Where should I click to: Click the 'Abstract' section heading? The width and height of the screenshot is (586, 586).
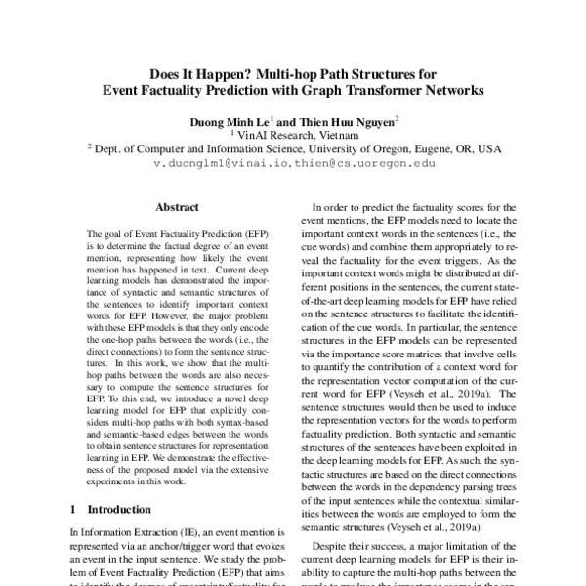point(177,208)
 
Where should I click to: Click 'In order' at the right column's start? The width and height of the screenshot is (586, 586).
point(330,208)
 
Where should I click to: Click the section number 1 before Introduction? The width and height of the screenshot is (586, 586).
point(75,510)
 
